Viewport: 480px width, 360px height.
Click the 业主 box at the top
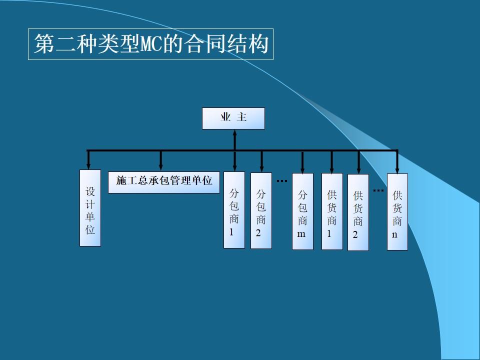233,118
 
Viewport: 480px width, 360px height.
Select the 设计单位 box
90,208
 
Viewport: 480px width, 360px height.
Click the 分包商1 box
234,210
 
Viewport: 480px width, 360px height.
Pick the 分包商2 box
261,210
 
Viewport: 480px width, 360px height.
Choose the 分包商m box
302,211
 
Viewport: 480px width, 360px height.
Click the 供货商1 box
332,211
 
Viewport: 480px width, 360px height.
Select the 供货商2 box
358,212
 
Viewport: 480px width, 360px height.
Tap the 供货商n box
397,211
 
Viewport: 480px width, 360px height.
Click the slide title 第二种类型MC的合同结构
150,45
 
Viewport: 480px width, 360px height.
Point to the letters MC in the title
149,45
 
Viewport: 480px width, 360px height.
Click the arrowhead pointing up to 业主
234,133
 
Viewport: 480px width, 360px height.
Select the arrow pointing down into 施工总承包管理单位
160,165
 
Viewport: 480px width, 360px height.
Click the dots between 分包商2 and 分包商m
282,180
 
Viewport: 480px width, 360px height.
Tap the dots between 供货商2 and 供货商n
378,190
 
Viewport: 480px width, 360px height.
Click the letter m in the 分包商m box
301,233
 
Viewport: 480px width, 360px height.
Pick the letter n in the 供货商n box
394,234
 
